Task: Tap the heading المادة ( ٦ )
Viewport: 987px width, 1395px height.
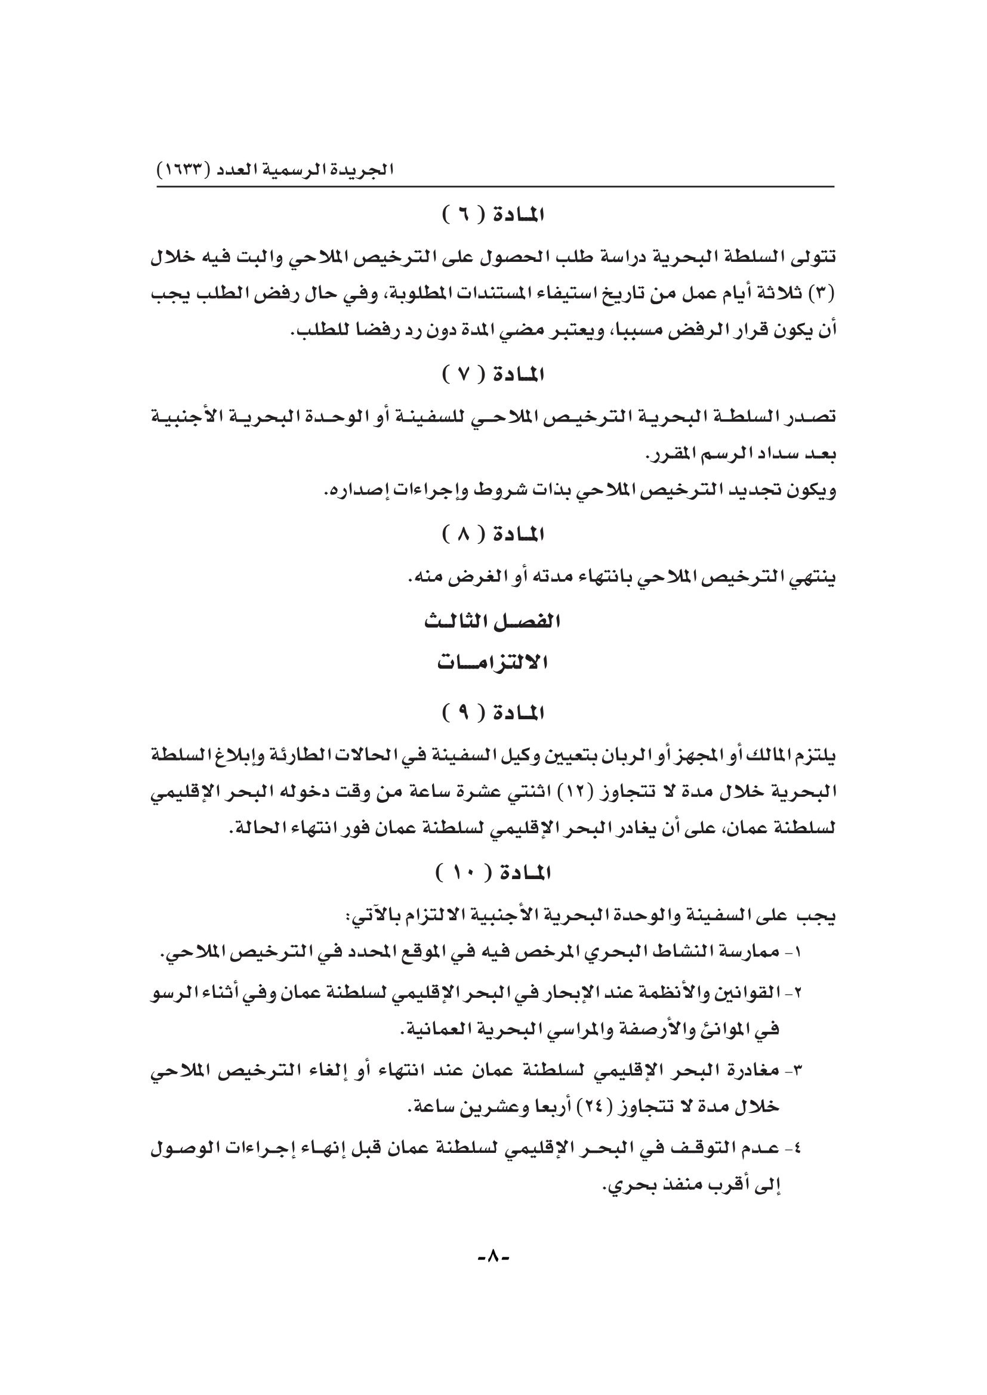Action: coord(493,215)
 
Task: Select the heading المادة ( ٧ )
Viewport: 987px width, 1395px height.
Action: coord(493,376)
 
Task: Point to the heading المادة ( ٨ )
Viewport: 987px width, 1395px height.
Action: coord(493,535)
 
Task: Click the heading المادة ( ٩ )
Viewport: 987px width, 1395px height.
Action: coord(493,713)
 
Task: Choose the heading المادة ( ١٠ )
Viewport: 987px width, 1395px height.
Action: coord(493,874)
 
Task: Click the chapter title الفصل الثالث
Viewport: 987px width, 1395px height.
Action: coord(492,622)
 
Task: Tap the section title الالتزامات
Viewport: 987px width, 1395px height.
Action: coord(493,663)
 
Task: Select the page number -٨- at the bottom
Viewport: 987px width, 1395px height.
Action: coord(493,1255)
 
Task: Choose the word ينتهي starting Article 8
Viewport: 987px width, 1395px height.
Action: coord(812,579)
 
